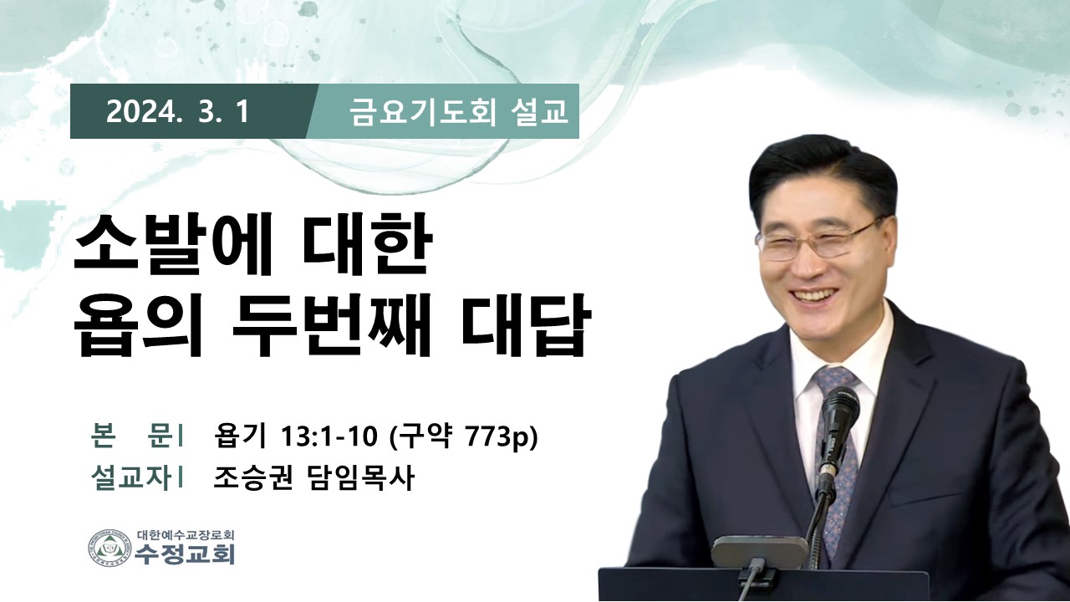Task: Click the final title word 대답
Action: (522, 327)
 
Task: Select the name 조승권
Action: (252, 477)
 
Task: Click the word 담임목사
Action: (359, 477)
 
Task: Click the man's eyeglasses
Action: (821, 242)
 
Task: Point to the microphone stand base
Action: (760, 553)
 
